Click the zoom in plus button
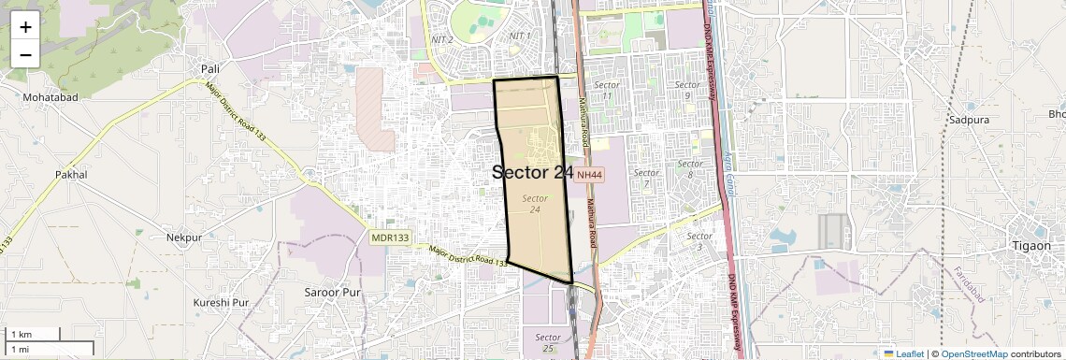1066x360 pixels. [x=25, y=27]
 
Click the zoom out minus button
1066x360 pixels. [x=25, y=55]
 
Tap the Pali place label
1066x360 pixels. [x=209, y=68]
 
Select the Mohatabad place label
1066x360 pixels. [x=50, y=97]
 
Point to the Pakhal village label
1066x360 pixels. [x=71, y=175]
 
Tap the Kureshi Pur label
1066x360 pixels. [x=222, y=303]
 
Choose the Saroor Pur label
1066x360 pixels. [x=332, y=293]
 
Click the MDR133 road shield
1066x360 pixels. [x=390, y=238]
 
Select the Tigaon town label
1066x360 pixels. [x=1031, y=245]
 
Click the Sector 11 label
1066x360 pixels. [x=608, y=91]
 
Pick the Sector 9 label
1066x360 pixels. [x=687, y=91]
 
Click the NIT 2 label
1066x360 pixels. [x=442, y=39]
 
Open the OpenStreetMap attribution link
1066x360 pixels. [x=973, y=353]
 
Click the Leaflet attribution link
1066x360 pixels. [x=903, y=353]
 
